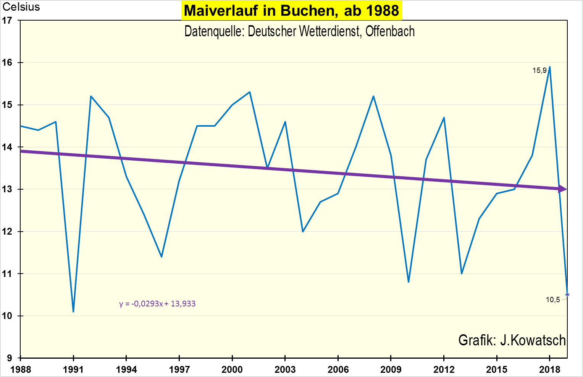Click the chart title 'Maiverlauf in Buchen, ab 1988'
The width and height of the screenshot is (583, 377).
point(291,11)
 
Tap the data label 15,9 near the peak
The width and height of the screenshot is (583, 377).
point(539,71)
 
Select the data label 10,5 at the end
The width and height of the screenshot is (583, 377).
point(553,300)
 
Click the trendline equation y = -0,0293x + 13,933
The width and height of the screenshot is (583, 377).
point(157,304)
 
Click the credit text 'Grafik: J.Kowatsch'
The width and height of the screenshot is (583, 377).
point(512,340)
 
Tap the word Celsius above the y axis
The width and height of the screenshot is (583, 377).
point(21,7)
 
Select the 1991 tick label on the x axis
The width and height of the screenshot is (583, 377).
point(73,369)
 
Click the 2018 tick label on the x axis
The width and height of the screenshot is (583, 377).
point(549,369)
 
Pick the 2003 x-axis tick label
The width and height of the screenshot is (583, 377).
point(285,369)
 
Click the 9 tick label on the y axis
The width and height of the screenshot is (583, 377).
point(9,358)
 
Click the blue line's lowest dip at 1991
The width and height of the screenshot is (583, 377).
point(73,311)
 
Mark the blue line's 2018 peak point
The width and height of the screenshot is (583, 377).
point(549,67)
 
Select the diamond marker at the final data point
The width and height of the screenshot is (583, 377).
point(567,295)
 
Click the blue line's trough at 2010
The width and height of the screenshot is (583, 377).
point(409,282)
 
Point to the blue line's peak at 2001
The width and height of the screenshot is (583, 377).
point(250,92)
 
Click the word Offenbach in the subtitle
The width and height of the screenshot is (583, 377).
point(390,31)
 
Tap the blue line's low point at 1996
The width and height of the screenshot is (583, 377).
point(161,256)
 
